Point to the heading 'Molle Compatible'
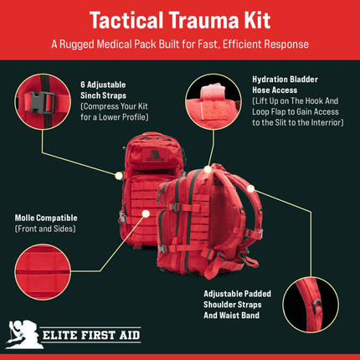click(x=43, y=218)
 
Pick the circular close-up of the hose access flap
click(x=216, y=105)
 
